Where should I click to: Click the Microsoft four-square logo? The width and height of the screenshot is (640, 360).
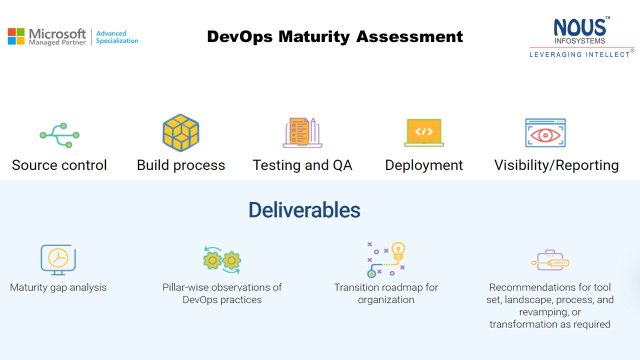pyautogui.click(x=16, y=36)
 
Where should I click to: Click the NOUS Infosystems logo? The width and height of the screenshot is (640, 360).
pyautogui.click(x=581, y=37)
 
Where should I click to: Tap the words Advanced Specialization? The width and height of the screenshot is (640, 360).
pyautogui.click(x=117, y=37)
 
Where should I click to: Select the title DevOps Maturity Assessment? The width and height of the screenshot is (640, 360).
pyautogui.click(x=335, y=36)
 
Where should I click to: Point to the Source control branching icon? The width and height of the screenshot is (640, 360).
pyautogui.click(x=59, y=135)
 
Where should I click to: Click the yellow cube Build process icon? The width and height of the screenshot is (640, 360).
pyautogui.click(x=181, y=132)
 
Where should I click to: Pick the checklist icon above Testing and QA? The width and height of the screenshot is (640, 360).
pyautogui.click(x=302, y=132)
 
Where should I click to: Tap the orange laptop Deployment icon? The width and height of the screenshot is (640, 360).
pyautogui.click(x=424, y=132)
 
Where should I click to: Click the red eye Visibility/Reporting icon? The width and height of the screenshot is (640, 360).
pyautogui.click(x=545, y=133)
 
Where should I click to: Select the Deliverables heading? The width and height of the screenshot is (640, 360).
pyautogui.click(x=304, y=210)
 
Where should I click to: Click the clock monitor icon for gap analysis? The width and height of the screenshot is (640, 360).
pyautogui.click(x=58, y=259)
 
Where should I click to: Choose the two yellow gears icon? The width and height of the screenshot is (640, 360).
pyautogui.click(x=222, y=260)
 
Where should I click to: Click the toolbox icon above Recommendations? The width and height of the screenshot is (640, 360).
pyautogui.click(x=550, y=260)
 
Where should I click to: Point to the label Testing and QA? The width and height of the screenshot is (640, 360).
pyautogui.click(x=302, y=165)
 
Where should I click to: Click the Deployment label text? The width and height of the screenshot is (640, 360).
pyautogui.click(x=424, y=165)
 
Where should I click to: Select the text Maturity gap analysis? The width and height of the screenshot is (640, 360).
pyautogui.click(x=58, y=287)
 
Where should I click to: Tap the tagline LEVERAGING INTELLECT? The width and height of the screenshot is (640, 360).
pyautogui.click(x=579, y=54)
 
